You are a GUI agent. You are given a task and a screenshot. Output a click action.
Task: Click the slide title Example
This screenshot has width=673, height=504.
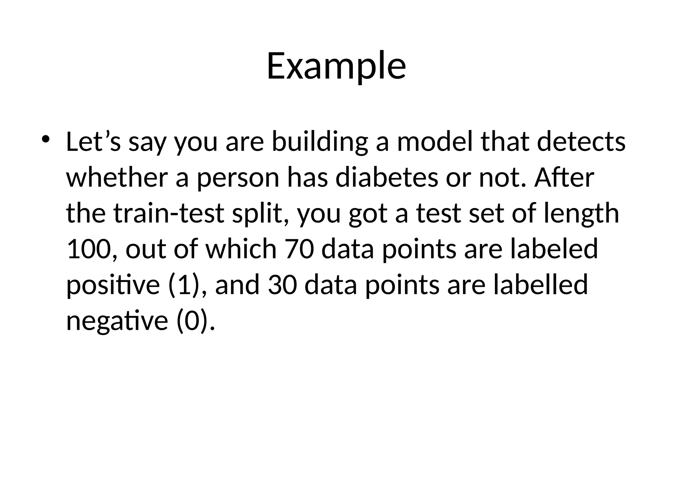pos(336,67)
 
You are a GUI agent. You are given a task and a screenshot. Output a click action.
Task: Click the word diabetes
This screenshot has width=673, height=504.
pos(386,178)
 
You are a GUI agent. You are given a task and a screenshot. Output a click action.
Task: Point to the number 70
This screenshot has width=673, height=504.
pos(299,249)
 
